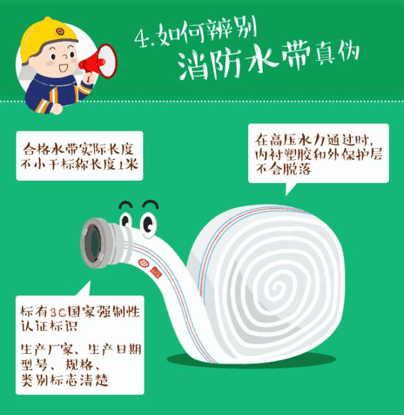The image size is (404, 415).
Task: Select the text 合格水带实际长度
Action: pyautogui.click(x=80, y=151)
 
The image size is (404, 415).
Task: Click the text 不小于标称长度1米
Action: pyautogui.click(x=80, y=166)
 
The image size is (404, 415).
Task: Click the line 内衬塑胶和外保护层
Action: pyautogui.click(x=318, y=155)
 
